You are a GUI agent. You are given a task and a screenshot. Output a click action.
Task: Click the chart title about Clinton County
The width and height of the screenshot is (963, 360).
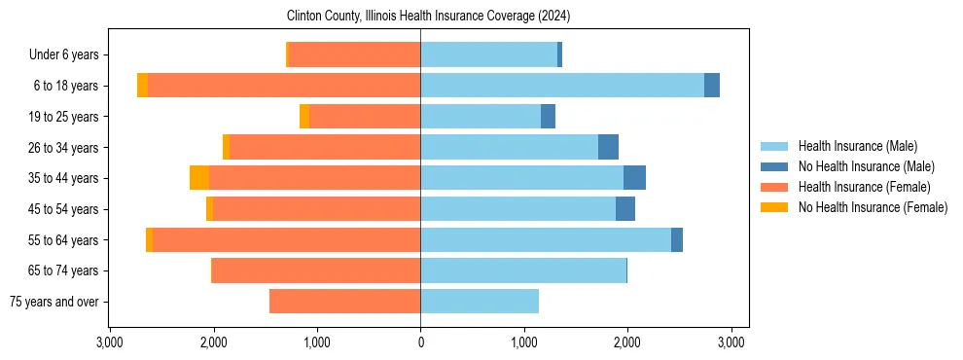428,17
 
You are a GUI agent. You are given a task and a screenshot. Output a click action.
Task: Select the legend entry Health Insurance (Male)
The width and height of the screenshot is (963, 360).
857,146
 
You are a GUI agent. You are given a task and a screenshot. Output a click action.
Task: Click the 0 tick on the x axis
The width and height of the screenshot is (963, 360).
420,342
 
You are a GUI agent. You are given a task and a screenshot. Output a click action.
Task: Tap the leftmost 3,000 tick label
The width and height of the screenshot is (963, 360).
110,342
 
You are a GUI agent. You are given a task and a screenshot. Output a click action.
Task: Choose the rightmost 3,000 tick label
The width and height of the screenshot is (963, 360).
731,342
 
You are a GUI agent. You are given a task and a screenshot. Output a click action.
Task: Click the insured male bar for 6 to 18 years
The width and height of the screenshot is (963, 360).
562,86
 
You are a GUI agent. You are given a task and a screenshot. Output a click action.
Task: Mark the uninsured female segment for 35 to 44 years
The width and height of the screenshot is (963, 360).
199,178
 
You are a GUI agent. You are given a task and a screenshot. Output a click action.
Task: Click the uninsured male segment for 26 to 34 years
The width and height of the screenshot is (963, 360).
608,147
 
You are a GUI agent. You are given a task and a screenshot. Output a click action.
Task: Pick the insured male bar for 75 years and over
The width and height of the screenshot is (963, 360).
480,302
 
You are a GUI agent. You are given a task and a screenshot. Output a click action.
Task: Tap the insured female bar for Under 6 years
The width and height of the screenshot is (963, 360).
355,54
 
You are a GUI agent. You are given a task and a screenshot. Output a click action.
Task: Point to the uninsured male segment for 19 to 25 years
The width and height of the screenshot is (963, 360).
548,117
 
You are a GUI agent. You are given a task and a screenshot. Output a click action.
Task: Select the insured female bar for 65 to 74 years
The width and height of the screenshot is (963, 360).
316,270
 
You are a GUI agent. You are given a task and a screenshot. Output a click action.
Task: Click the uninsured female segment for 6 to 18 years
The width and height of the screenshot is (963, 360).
142,86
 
